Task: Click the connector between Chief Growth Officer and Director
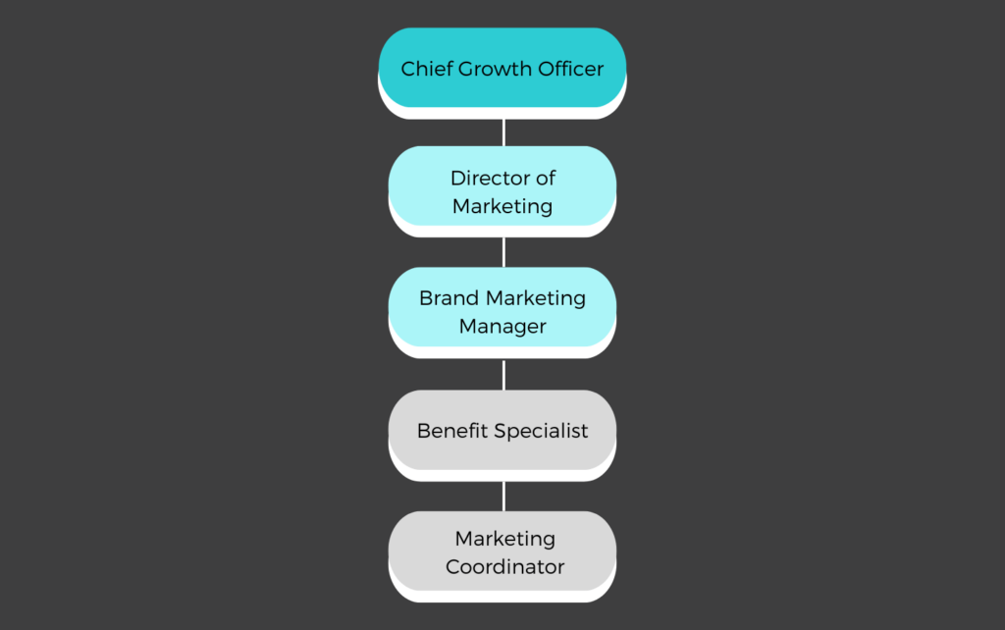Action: [503, 132]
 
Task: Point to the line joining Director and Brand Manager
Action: [503, 252]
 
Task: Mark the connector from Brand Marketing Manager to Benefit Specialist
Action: [503, 375]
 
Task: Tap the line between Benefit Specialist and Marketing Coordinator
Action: [503, 497]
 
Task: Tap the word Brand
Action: [449, 298]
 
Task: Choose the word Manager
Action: [502, 327]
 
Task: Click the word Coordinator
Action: [505, 566]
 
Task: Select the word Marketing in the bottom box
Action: [505, 540]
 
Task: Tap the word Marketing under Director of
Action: [502, 207]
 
